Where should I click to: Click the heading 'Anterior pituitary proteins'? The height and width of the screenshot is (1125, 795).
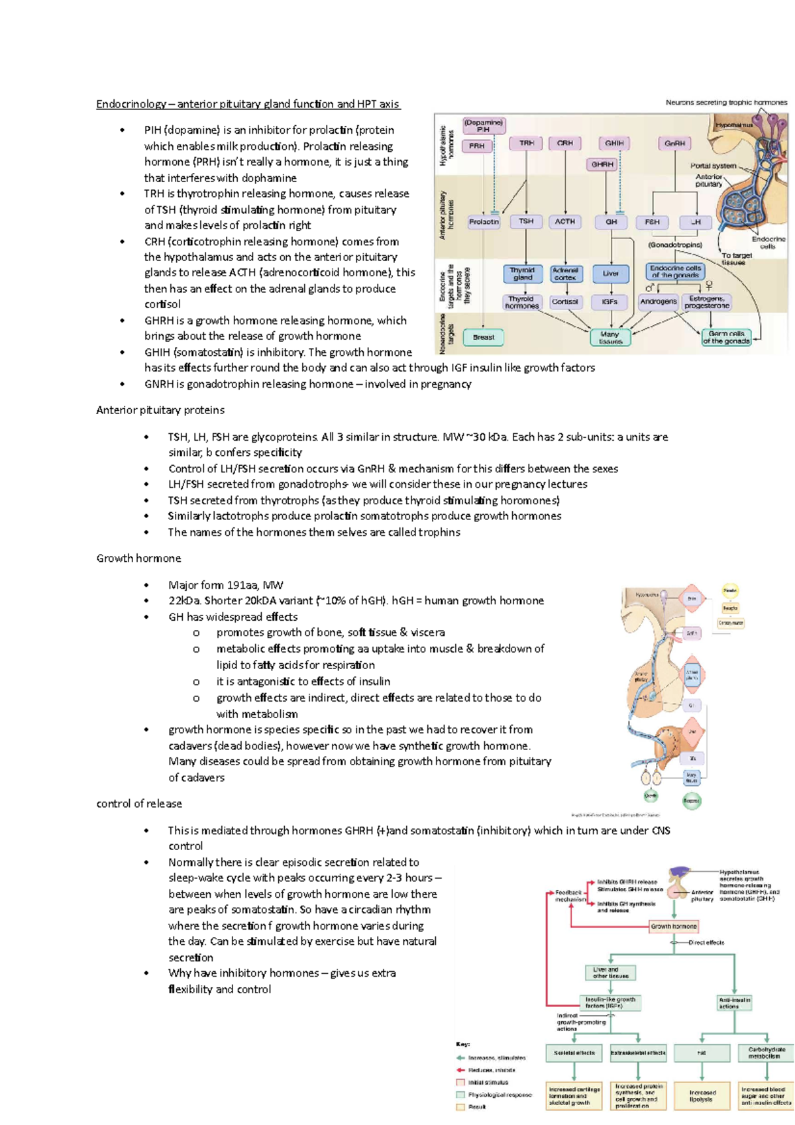pyautogui.click(x=160, y=410)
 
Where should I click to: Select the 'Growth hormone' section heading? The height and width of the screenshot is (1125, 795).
pyautogui.click(x=138, y=559)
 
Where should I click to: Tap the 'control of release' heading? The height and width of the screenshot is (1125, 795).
pyautogui.click(x=139, y=804)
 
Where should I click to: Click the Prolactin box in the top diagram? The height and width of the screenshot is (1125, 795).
pyautogui.click(x=484, y=222)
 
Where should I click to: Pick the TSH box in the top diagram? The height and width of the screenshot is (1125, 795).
pyautogui.click(x=526, y=222)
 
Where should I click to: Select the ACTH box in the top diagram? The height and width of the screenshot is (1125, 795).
pyautogui.click(x=565, y=222)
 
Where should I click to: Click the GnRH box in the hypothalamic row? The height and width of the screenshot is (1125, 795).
pyautogui.click(x=674, y=144)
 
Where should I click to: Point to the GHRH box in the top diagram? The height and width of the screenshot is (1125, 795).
pyautogui.click(x=602, y=164)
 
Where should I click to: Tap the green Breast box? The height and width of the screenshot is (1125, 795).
pyautogui.click(x=484, y=337)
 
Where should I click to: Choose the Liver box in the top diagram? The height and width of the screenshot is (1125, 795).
pyautogui.click(x=610, y=273)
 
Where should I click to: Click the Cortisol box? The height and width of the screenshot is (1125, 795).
pyautogui.click(x=565, y=301)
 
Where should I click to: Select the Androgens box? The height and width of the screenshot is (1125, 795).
pyautogui.click(x=658, y=301)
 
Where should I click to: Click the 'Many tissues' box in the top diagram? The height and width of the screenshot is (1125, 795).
pyautogui.click(x=610, y=338)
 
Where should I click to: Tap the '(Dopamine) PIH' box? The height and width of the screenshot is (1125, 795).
pyautogui.click(x=483, y=126)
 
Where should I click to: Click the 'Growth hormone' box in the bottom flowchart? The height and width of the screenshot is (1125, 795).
pyautogui.click(x=673, y=926)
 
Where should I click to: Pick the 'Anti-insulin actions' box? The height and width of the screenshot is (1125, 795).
pyautogui.click(x=734, y=1003)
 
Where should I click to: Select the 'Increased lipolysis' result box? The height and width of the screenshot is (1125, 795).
pyautogui.click(x=702, y=1096)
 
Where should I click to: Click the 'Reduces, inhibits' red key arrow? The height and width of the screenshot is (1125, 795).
pyautogui.click(x=461, y=1070)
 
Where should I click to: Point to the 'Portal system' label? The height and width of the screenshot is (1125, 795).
pyautogui.click(x=713, y=166)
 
